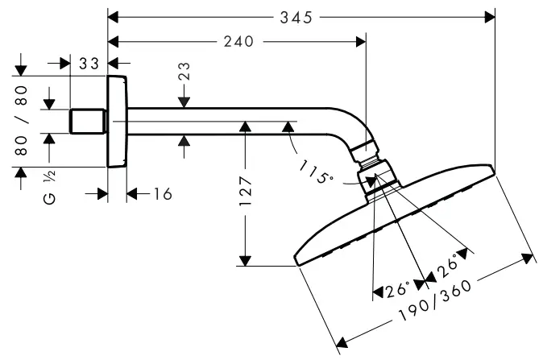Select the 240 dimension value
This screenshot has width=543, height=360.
pos(238,41)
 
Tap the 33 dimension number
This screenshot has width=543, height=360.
pos(89,62)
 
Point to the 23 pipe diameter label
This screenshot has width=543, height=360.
pos(184,81)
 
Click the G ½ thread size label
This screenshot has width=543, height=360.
pos(49,187)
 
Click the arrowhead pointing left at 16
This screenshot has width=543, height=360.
pos(134,194)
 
